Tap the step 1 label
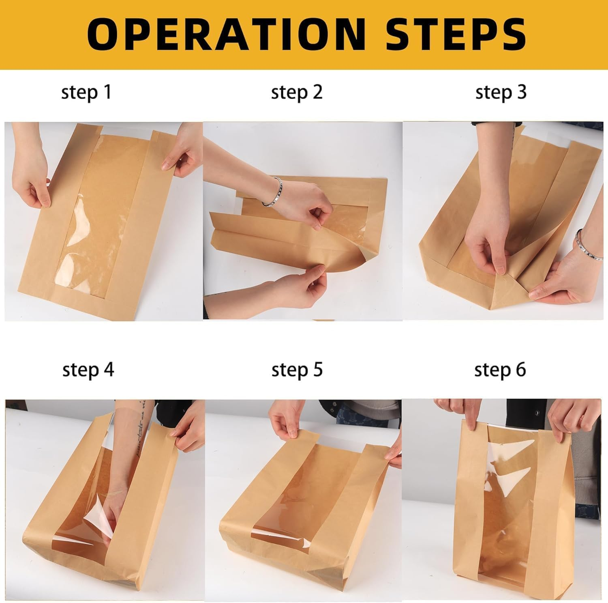86,93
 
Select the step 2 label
297,93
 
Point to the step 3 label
501,93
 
